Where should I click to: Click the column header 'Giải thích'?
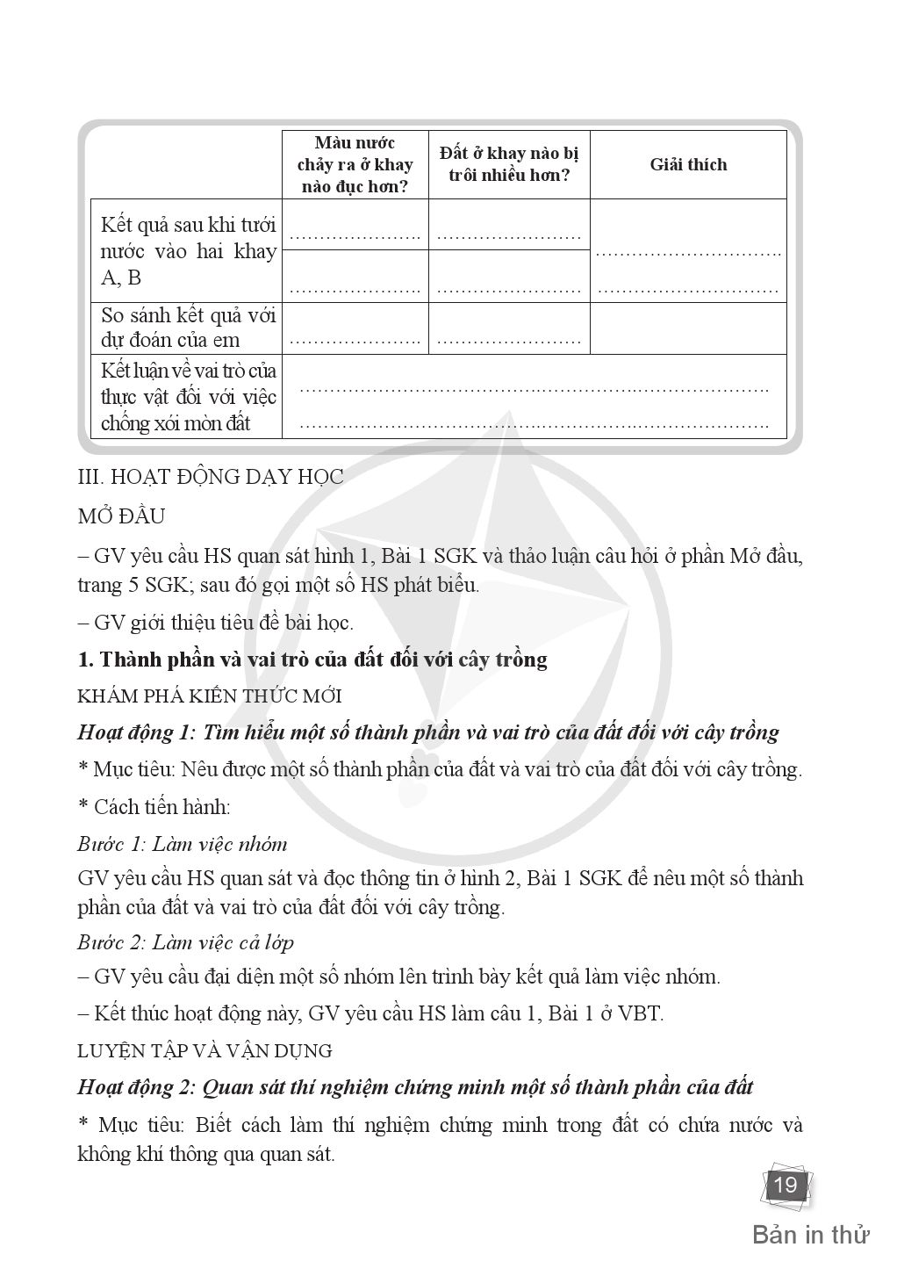(x=688, y=165)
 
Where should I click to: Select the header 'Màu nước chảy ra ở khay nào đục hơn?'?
(x=355, y=165)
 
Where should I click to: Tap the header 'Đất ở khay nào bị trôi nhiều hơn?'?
(x=509, y=164)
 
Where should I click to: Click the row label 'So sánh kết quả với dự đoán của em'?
(x=188, y=328)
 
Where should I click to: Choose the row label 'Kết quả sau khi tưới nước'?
(x=188, y=251)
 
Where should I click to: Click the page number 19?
(x=786, y=1186)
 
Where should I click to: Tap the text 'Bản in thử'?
(x=810, y=1235)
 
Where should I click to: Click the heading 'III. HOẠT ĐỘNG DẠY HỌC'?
(x=211, y=477)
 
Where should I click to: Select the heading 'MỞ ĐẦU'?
(x=121, y=515)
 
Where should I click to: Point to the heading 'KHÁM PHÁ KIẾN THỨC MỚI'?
(x=209, y=696)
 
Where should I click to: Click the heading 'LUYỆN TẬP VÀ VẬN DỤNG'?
(x=205, y=1050)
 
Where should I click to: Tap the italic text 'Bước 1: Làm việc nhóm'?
(x=182, y=844)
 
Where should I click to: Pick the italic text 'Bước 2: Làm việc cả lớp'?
(x=185, y=942)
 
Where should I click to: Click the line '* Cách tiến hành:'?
(x=154, y=806)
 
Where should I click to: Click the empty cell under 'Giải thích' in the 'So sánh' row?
(x=688, y=328)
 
